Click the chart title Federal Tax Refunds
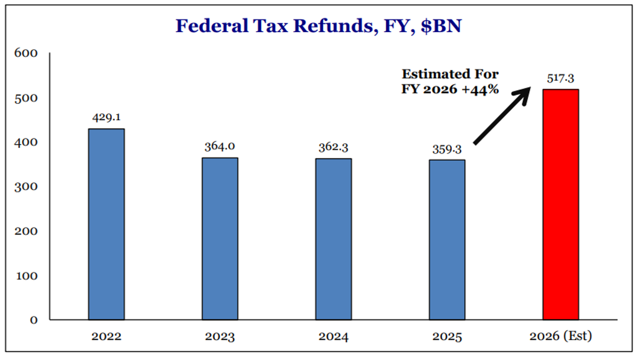click(x=319, y=26)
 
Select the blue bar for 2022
click(x=106, y=224)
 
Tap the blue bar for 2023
click(x=220, y=238)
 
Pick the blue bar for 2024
click(x=333, y=239)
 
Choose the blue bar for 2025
click(x=447, y=239)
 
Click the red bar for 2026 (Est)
click(x=561, y=204)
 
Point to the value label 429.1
click(x=106, y=117)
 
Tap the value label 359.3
click(x=447, y=149)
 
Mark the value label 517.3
click(x=561, y=78)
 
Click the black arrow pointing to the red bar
click(x=503, y=115)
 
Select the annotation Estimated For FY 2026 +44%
click(x=450, y=82)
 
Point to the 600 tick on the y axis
click(x=27, y=53)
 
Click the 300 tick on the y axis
click(x=27, y=186)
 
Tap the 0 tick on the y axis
click(x=33, y=320)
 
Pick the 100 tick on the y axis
click(x=27, y=276)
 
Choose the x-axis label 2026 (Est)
click(x=561, y=337)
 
